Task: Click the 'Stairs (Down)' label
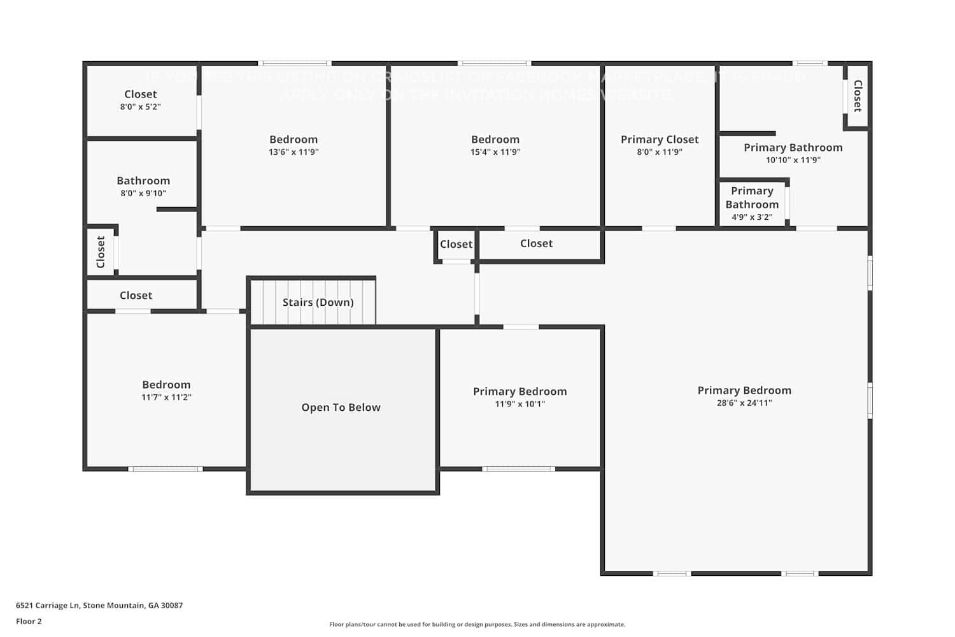coord(318,302)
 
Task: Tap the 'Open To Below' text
coord(341,407)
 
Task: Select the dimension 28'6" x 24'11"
coord(744,403)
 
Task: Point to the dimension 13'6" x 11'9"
coord(293,152)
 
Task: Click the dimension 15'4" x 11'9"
coord(495,152)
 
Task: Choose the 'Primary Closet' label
coord(660,139)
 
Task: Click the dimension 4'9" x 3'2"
coord(751,217)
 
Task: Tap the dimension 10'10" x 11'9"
coord(793,160)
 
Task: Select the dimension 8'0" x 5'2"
coord(140,106)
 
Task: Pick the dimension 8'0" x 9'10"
coord(143,193)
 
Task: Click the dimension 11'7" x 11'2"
coord(166,397)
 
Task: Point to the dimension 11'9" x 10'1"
coord(520,404)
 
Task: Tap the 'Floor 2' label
coord(29,621)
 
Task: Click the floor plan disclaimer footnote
coord(477,624)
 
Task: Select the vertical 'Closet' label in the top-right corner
coord(858,96)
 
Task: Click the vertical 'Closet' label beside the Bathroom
coord(101,252)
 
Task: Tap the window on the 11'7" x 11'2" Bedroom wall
coord(166,469)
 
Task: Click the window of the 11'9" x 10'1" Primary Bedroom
coord(518,469)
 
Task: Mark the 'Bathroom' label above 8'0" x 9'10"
coord(143,180)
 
